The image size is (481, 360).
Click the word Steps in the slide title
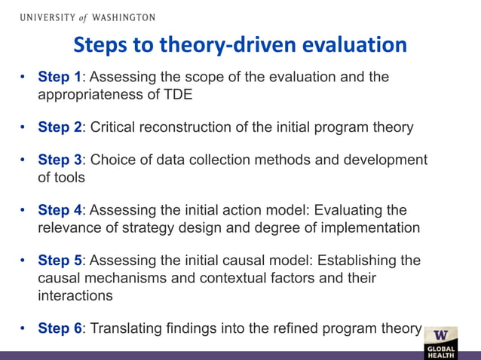(x=100, y=46)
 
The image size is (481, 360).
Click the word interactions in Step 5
(x=75, y=294)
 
